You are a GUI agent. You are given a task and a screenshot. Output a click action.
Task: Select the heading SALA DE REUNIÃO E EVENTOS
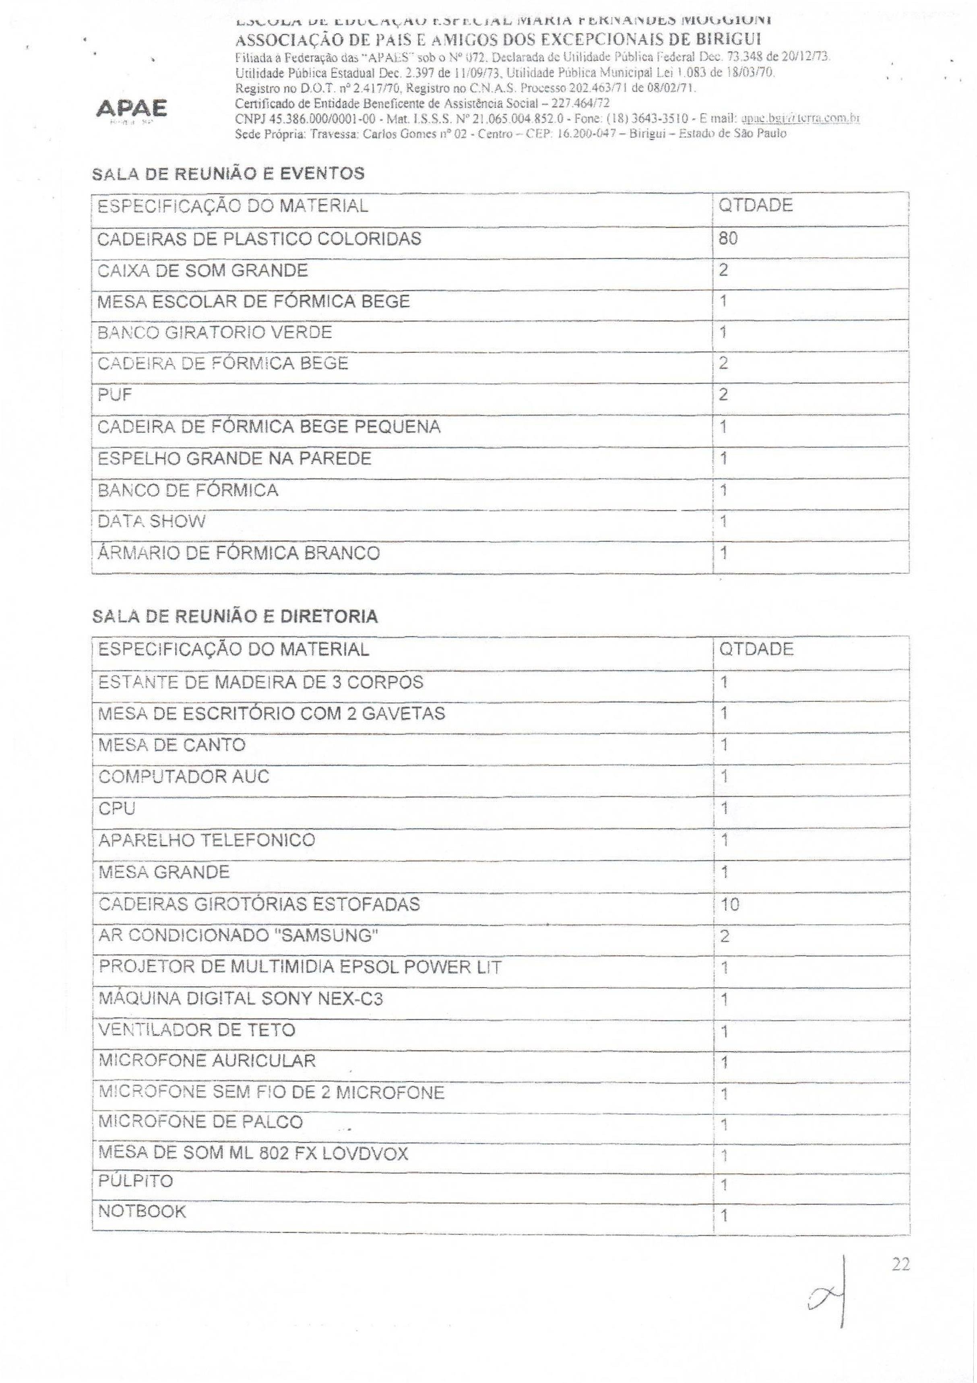point(228,174)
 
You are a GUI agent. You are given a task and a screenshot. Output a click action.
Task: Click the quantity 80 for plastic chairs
point(728,238)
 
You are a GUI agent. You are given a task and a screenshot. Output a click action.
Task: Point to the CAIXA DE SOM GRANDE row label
point(202,271)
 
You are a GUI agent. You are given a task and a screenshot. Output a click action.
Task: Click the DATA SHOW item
point(151,521)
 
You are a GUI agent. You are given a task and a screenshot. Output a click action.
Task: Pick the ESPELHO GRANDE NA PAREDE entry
point(234,459)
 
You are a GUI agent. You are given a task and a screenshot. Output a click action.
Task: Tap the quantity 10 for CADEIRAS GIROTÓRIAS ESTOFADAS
point(729,904)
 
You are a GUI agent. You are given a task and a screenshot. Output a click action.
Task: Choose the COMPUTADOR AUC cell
point(184,776)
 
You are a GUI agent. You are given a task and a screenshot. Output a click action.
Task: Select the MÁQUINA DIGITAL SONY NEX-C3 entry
point(240,999)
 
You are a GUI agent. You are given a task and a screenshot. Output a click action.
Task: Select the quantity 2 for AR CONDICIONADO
point(725,936)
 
